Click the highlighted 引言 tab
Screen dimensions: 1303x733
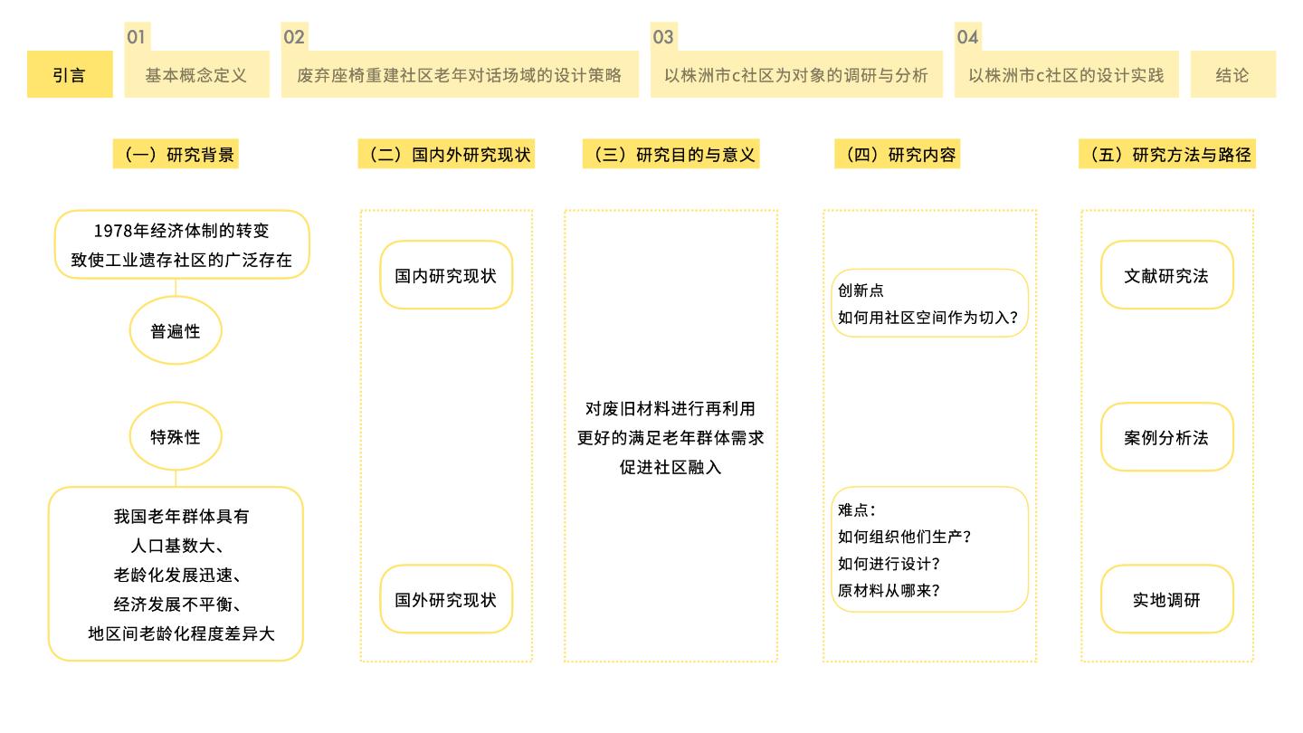pos(70,74)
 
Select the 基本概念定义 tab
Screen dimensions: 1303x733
pos(196,74)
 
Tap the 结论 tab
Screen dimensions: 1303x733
pos(1232,74)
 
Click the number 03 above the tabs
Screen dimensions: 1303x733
pos(663,36)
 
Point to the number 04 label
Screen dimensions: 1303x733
pos(967,36)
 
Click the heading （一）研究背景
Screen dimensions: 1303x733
pos(176,154)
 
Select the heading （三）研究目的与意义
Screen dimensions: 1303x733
pos(671,154)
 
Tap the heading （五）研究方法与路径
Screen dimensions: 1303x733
pos(1167,154)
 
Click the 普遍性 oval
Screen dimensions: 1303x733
pos(176,330)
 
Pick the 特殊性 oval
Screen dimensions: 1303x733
pos(176,436)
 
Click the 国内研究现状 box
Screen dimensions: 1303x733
pos(446,275)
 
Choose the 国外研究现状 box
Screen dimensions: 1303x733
pos(446,599)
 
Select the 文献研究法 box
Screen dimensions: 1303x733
pos(1167,275)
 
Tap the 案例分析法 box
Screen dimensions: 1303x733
pos(1167,437)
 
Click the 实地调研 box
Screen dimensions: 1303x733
pos(1167,599)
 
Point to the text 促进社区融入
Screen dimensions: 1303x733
pos(671,467)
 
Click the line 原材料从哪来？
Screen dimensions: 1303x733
pos(889,590)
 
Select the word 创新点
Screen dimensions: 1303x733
pos(861,290)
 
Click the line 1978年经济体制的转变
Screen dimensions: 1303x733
pos(181,231)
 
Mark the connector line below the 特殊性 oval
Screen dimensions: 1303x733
pos(176,478)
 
